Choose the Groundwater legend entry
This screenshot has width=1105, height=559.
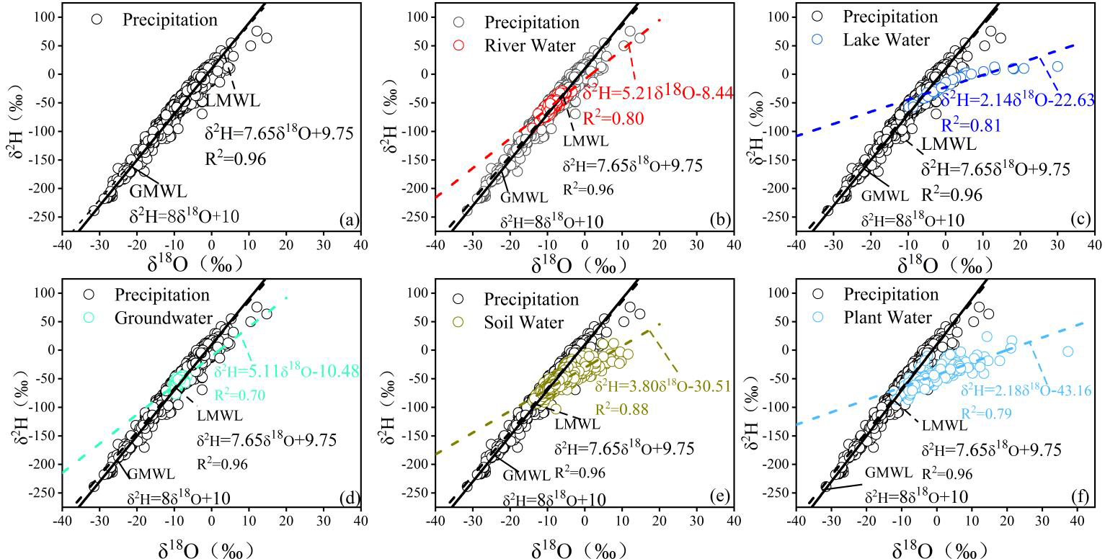coord(161,317)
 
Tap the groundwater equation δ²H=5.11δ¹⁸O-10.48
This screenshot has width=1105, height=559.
coord(286,372)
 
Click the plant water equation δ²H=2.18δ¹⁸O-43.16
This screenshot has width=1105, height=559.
coord(1026,391)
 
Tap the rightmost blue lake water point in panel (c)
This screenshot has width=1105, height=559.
coord(1057,66)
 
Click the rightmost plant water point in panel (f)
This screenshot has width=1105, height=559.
coord(1068,352)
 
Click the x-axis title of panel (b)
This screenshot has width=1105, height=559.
coord(584,264)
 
